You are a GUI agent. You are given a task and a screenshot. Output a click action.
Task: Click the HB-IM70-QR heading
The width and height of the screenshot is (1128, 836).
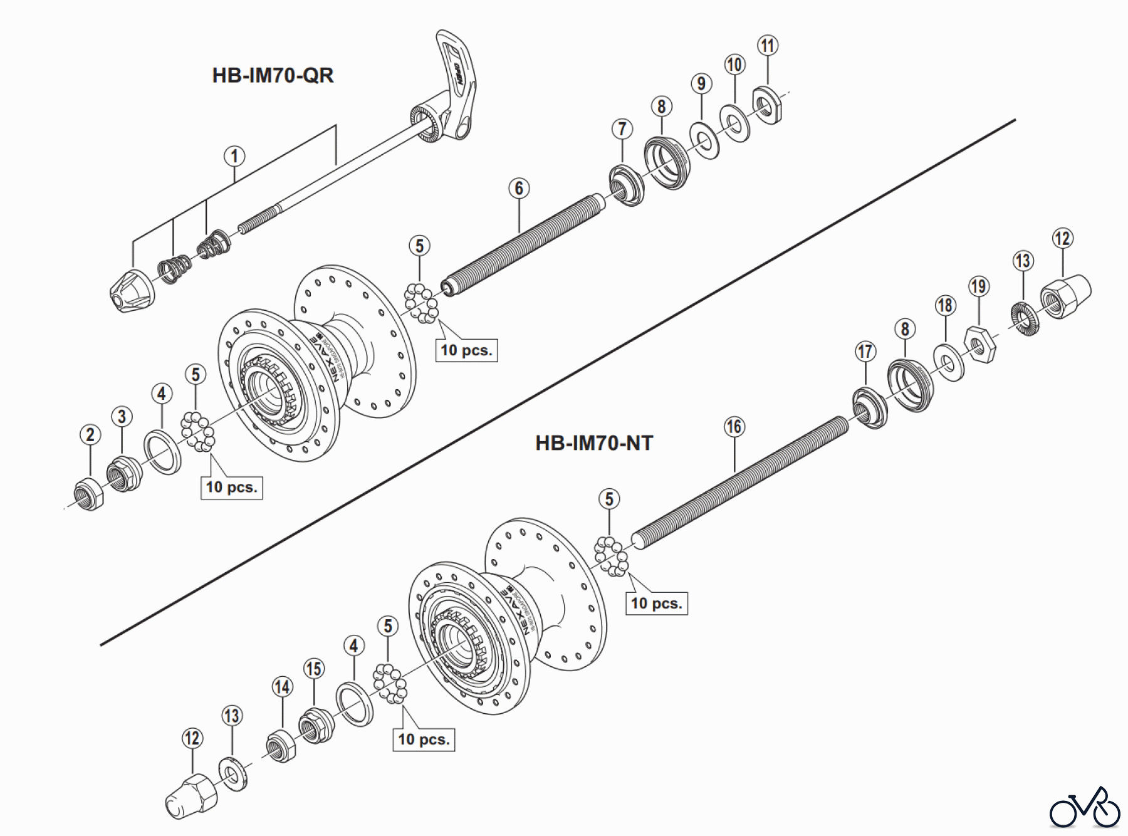273,76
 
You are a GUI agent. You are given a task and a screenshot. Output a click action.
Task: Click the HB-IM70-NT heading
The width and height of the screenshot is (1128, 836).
593,444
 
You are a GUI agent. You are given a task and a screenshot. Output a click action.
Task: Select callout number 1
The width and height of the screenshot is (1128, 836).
234,156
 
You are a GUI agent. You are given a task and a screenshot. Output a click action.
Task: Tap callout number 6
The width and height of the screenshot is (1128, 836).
519,188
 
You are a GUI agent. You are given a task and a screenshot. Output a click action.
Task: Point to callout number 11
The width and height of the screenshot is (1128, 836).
768,45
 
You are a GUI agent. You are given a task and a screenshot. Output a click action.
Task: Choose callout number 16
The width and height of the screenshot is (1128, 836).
734,427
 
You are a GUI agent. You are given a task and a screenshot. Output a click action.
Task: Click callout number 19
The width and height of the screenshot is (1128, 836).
978,286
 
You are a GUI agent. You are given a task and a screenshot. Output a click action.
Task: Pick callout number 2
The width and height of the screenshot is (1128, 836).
90,434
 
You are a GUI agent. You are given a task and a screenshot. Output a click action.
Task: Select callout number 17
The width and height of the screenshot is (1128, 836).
865,351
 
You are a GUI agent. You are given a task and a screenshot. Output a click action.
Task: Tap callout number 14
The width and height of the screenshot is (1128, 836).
282,686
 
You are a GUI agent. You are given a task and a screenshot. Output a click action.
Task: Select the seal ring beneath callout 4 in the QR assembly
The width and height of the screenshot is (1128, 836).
162,451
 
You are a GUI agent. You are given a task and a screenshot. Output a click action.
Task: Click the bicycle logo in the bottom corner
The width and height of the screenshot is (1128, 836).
1084,808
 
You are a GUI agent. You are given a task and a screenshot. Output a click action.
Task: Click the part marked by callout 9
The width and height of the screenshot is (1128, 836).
704,141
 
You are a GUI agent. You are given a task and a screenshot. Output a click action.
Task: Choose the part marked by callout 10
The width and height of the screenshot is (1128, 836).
734,123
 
